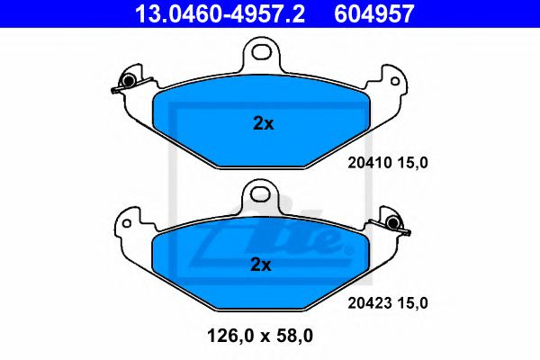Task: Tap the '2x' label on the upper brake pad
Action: point(262,124)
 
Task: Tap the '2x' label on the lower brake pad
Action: point(262,264)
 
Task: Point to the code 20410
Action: point(366,163)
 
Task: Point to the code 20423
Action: point(366,303)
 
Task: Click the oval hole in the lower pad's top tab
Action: point(262,192)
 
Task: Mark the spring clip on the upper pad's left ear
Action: point(125,83)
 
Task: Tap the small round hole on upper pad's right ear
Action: point(394,79)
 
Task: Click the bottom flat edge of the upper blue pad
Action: point(262,165)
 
